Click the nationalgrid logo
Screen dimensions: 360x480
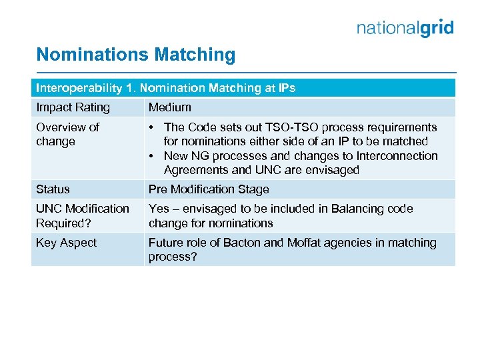pyautogui.click(x=405, y=28)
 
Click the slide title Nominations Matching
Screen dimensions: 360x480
pyautogui.click(x=135, y=55)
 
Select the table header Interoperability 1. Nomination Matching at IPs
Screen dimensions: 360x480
pyautogui.click(x=165, y=88)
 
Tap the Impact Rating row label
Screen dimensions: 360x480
pyautogui.click(x=73, y=107)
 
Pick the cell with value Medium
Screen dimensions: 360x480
pyautogui.click(x=169, y=107)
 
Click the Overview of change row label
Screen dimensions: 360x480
pyautogui.click(x=67, y=134)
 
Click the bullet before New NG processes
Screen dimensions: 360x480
pyautogui.click(x=153, y=156)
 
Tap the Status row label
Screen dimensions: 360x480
pyautogui.click(x=53, y=189)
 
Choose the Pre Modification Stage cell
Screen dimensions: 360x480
pyautogui.click(x=209, y=189)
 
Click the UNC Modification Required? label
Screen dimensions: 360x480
pyautogui.click(x=82, y=215)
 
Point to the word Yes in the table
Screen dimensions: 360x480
pyautogui.click(x=159, y=209)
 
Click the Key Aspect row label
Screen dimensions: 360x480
pyautogui.click(x=66, y=243)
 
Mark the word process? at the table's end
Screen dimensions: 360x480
pyautogui.click(x=173, y=257)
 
